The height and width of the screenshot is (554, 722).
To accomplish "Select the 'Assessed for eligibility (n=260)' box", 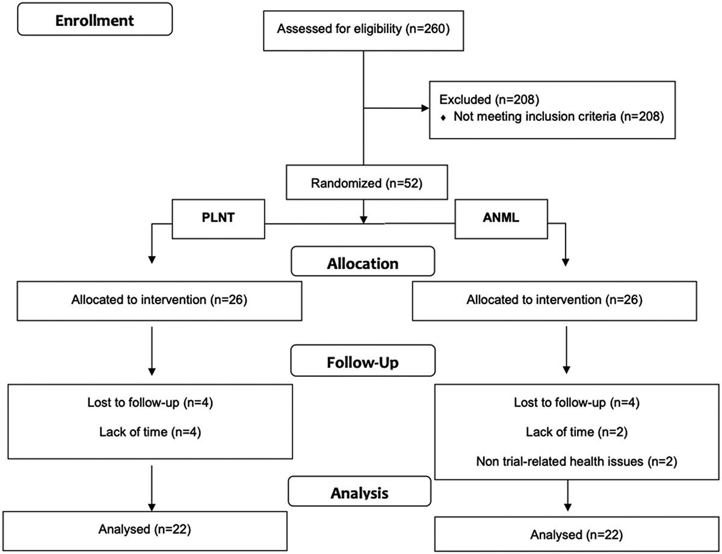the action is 363,31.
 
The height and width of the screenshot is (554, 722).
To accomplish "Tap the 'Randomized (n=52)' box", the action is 367,182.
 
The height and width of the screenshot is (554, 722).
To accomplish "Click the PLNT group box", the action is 218,219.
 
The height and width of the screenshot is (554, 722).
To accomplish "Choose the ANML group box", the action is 501,219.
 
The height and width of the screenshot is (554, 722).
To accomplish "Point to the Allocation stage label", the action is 363,261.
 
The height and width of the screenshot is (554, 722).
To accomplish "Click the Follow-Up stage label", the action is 363,361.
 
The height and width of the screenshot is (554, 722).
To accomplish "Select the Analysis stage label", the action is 360,491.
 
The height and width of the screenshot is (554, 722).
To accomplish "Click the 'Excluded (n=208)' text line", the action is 489,99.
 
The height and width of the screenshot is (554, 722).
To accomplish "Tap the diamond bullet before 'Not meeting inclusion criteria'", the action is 443,117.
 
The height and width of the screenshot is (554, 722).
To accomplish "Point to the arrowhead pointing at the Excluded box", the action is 425,108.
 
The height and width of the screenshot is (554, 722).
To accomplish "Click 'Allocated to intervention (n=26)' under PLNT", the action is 159,300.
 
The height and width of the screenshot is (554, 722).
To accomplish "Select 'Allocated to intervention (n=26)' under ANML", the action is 554,300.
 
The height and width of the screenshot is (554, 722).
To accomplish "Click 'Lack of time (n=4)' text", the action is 150,432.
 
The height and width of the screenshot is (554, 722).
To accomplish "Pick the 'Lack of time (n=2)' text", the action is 576,432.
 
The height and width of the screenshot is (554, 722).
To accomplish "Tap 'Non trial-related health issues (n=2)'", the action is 576,461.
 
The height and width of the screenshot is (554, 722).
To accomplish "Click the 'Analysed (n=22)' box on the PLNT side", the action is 145,531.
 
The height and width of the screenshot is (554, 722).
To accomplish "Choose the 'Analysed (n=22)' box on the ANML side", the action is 577,534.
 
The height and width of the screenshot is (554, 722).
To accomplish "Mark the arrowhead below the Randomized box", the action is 363,220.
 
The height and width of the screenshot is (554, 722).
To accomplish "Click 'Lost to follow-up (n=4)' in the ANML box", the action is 576,402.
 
